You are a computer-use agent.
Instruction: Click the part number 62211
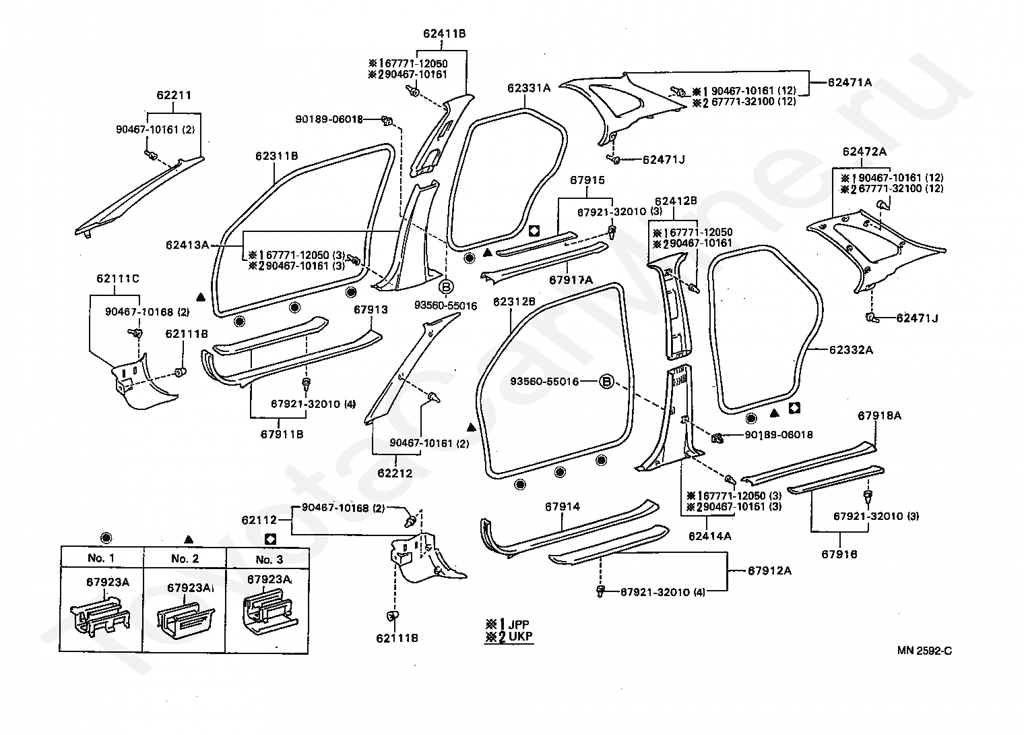pos(174,95)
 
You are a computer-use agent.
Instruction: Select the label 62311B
pos(277,156)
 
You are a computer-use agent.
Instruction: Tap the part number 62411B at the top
pos(445,34)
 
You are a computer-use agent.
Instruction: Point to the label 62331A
pos(529,88)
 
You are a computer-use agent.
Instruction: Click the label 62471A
pos(850,82)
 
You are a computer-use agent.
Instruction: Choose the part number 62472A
pos(864,152)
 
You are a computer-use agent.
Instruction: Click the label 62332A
pos(852,350)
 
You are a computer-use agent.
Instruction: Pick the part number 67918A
pos(880,415)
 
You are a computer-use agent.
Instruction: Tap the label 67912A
pos(770,570)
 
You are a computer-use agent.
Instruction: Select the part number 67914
pos(563,506)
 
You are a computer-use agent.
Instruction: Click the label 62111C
pos(118,278)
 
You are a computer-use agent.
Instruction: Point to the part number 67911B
pos(282,434)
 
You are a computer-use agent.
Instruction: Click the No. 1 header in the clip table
pos(101,558)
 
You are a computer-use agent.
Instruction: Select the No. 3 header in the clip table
pos(269,559)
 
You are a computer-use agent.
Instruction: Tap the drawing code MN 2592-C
pos(924,651)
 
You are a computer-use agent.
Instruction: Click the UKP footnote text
pos(520,637)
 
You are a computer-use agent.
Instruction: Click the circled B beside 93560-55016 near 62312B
pos(606,382)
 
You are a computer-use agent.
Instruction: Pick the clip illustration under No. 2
pos(185,618)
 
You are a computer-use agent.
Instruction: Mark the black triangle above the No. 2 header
pos(189,539)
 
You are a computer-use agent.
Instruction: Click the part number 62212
pos(395,473)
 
